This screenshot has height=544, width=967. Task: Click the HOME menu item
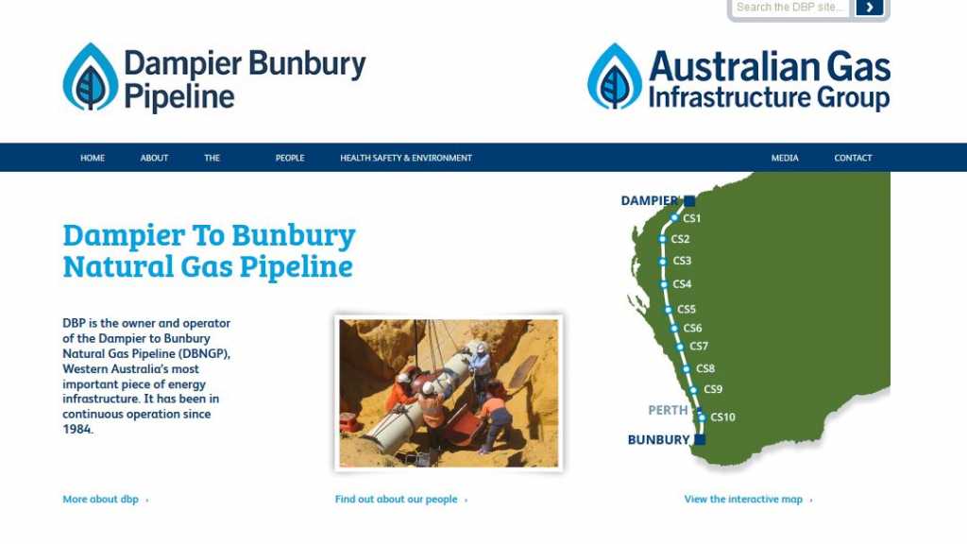coord(93,158)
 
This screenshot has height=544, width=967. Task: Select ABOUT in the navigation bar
coord(154,158)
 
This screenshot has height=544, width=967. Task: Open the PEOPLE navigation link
coord(290,158)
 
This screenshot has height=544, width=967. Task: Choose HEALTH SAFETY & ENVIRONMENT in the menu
coord(406,158)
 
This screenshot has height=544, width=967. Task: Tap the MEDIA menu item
coord(785,158)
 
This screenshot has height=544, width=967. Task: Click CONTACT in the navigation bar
coord(853,158)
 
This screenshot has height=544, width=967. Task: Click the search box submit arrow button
coord(870,8)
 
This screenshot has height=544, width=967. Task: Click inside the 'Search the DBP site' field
coord(790,8)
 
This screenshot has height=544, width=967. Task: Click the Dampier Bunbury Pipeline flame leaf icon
coord(91,77)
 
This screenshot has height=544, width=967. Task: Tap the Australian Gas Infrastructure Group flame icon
coord(615,76)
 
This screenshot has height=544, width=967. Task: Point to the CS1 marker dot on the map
coord(674,218)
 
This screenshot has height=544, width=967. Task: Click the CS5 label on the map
coord(687,309)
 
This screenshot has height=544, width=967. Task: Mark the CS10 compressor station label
coord(722,416)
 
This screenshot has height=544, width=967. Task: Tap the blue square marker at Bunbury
coord(700,440)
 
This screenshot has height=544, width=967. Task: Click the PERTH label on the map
coord(668,410)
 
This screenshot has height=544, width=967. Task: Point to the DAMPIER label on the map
coord(650,200)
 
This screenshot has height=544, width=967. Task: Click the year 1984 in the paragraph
coord(77,430)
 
